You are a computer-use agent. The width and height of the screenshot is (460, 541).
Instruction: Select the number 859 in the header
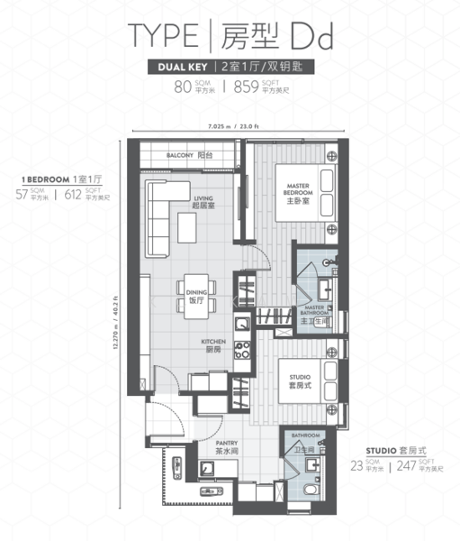tap(246, 87)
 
